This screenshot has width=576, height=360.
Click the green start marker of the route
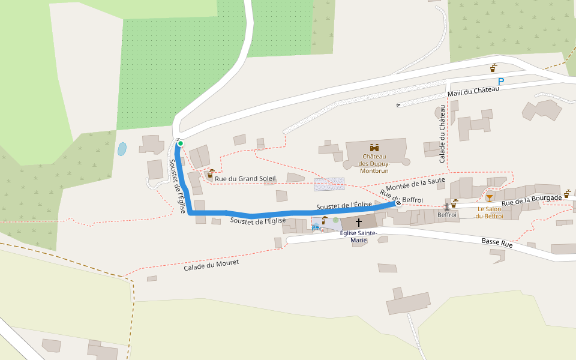pos(180,143)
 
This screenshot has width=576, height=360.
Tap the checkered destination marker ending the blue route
pos(398,203)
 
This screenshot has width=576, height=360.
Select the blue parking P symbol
pos(501,82)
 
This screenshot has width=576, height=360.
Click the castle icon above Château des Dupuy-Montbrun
pos(374,147)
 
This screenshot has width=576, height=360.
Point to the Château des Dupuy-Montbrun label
pos(374,163)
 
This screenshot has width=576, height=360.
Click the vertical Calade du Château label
pos(443,134)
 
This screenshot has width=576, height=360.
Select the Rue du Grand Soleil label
pos(245,178)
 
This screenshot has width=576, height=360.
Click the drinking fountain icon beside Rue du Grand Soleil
pos(211,173)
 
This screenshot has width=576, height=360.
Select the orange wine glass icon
pos(490,198)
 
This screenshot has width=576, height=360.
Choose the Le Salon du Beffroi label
pos(490,212)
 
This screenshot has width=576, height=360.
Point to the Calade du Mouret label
pos(211,265)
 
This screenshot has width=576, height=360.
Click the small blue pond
pos(122,149)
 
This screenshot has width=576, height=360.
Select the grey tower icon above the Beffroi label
pos(447,205)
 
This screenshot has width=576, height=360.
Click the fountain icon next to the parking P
pos(494,67)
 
